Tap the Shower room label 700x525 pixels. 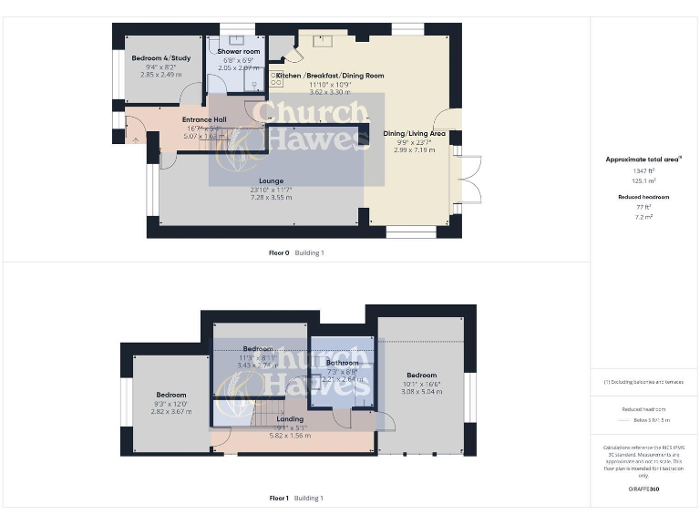tap(239, 52)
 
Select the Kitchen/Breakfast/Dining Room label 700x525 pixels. tap(330, 76)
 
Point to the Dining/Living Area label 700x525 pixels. tap(414, 134)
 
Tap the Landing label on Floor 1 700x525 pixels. tap(277, 419)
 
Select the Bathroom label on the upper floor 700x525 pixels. tap(343, 363)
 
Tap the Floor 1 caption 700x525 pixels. tap(278, 499)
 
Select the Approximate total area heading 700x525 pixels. tap(643, 160)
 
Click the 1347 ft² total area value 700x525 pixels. tap(643, 170)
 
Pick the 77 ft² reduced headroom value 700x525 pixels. tap(643, 208)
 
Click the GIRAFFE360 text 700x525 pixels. tap(643, 489)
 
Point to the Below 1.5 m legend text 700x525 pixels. tap(652, 420)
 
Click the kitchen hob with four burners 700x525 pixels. tap(276, 80)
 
